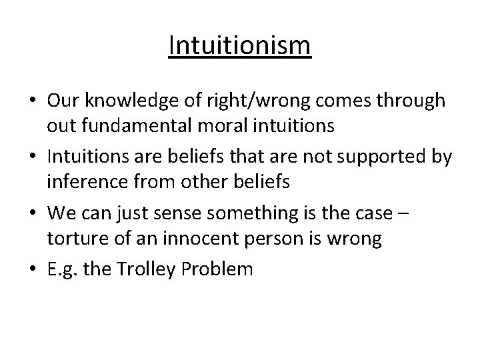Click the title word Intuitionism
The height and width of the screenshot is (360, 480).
(x=239, y=47)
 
